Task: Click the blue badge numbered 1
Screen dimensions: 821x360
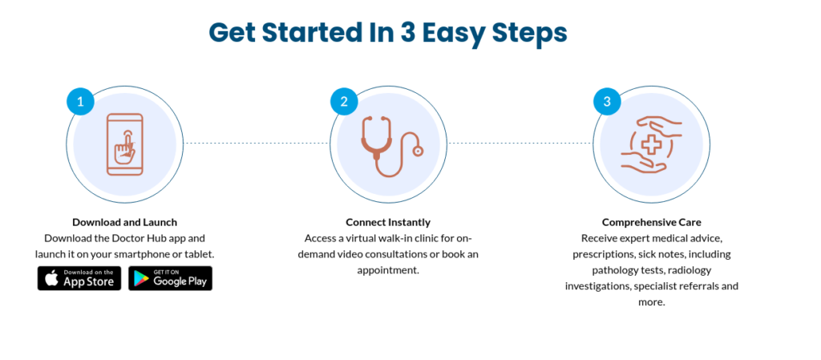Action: click(81, 102)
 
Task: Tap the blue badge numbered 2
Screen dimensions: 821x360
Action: click(344, 102)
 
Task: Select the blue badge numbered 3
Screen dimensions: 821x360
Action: click(607, 102)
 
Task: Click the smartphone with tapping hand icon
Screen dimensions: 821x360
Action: click(124, 144)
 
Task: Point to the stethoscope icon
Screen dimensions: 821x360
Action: click(391, 146)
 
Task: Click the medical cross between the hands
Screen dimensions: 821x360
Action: click(651, 144)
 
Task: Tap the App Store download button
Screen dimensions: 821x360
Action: click(79, 278)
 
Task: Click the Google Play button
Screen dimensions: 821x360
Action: click(170, 278)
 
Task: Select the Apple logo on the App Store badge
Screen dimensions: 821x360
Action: click(51, 278)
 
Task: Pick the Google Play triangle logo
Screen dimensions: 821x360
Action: click(141, 279)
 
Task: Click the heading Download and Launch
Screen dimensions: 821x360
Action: click(124, 222)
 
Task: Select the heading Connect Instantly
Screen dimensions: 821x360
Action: click(388, 222)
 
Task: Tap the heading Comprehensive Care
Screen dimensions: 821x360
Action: click(651, 222)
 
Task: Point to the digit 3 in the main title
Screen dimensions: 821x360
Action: click(407, 32)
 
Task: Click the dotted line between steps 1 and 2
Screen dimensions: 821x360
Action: click(257, 143)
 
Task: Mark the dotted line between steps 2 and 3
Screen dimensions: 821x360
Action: click(520, 143)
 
